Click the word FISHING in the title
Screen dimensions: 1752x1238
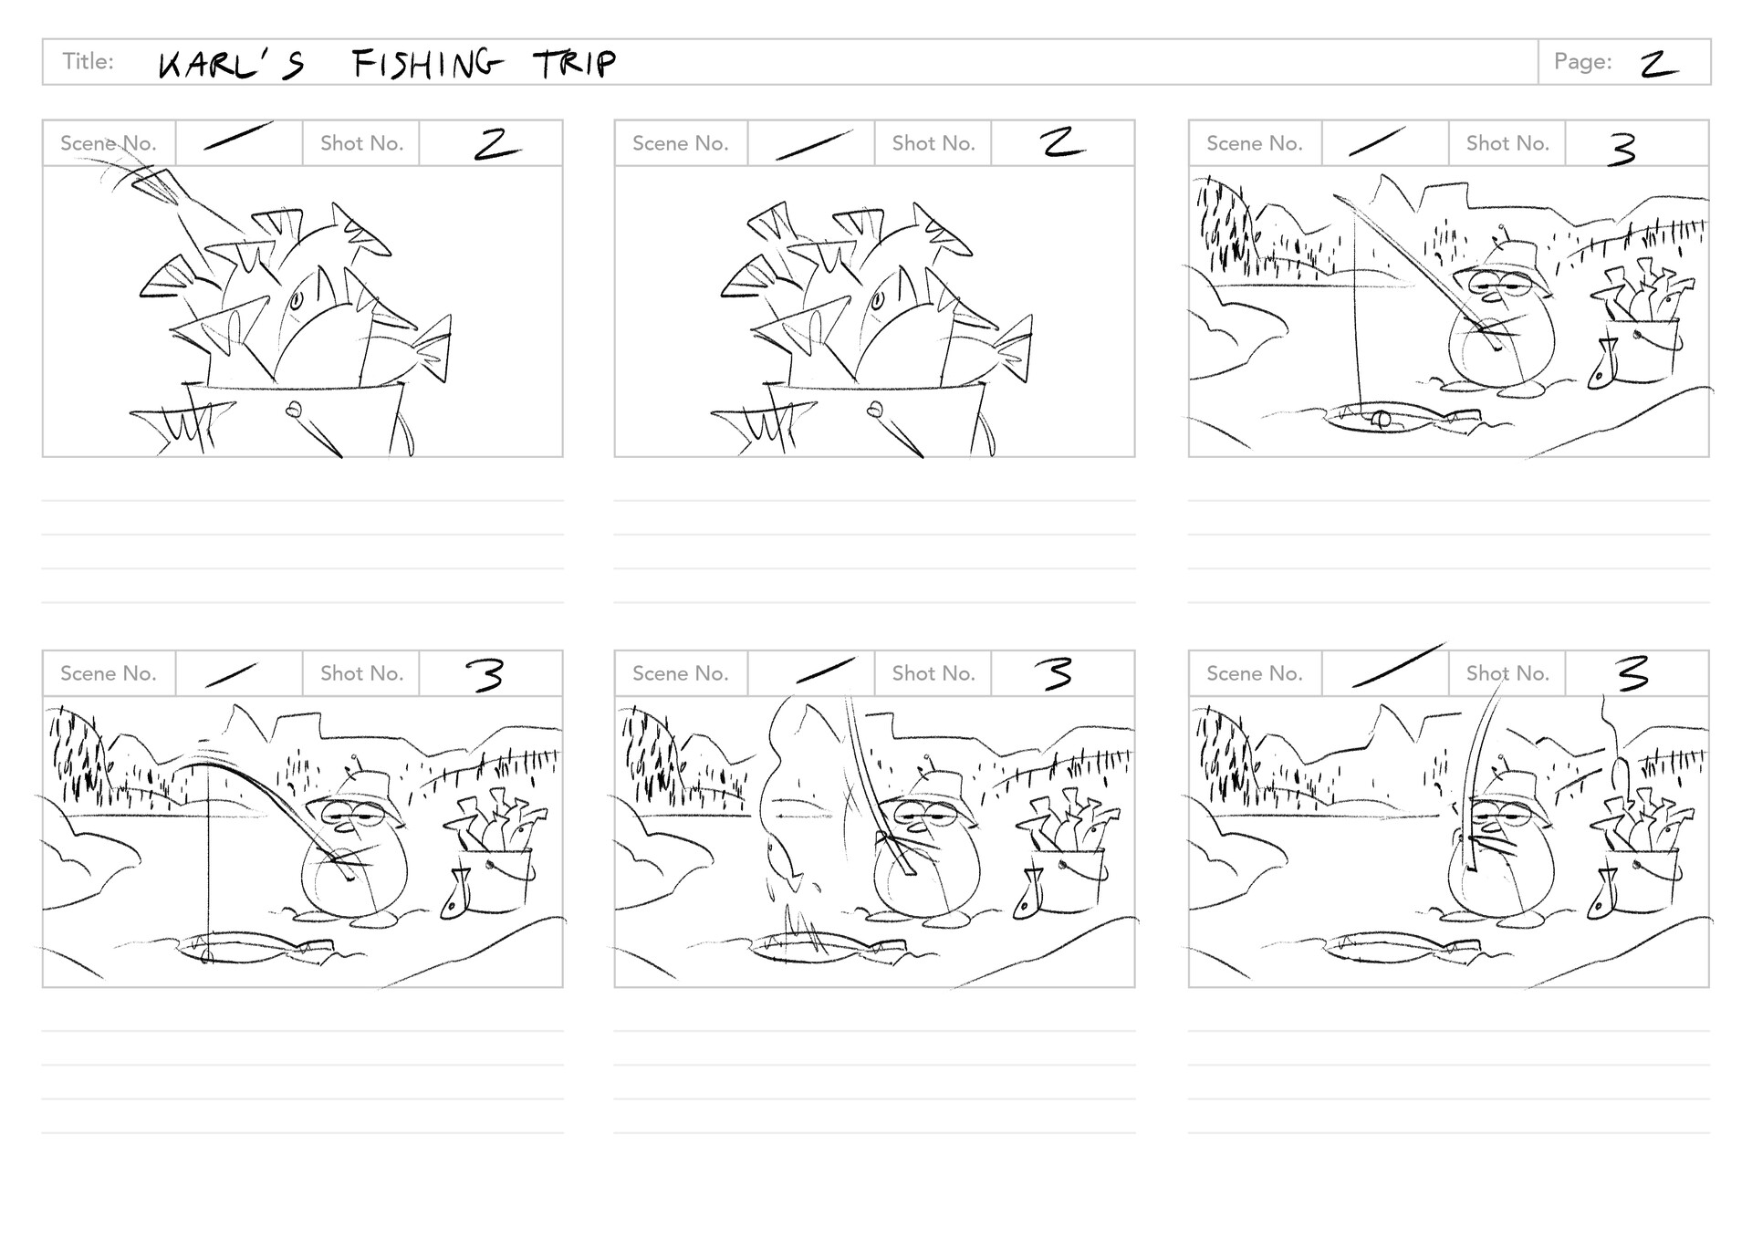click(x=426, y=64)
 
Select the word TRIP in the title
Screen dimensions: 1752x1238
click(x=575, y=64)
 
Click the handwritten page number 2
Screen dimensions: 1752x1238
click(x=1658, y=64)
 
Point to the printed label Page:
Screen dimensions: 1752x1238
click(x=1582, y=61)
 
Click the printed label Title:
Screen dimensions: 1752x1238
click(x=88, y=61)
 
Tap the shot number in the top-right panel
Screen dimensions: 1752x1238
click(x=1622, y=149)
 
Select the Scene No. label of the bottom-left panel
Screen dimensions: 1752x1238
click(x=108, y=673)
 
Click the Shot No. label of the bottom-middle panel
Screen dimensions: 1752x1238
click(x=933, y=673)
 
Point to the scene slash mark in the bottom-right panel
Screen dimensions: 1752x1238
click(x=1398, y=665)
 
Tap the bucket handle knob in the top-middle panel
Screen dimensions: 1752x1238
click(x=877, y=410)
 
